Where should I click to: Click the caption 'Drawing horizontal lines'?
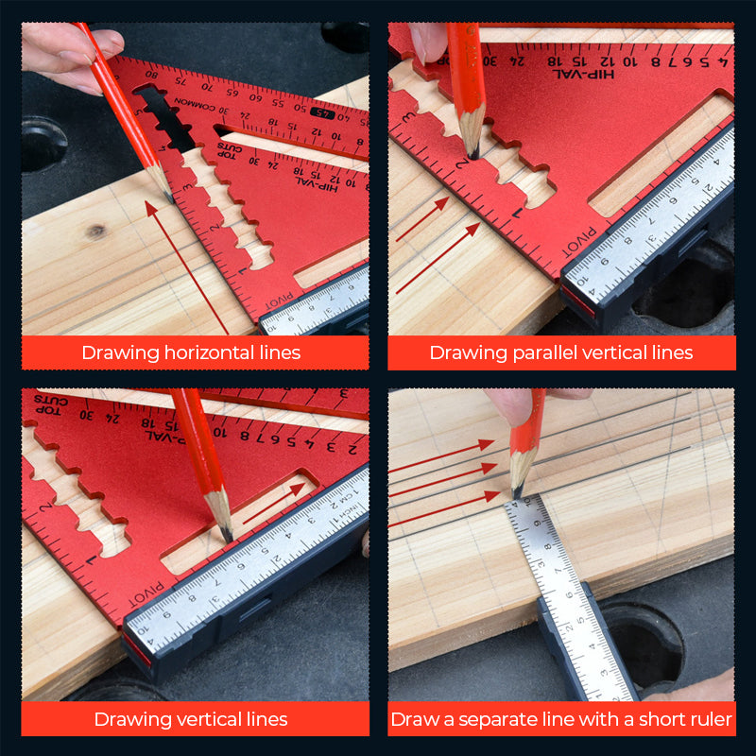191,352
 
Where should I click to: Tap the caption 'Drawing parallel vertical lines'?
561,352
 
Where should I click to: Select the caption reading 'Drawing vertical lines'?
191,719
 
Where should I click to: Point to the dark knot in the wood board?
95,231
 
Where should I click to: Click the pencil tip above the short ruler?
517,492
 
